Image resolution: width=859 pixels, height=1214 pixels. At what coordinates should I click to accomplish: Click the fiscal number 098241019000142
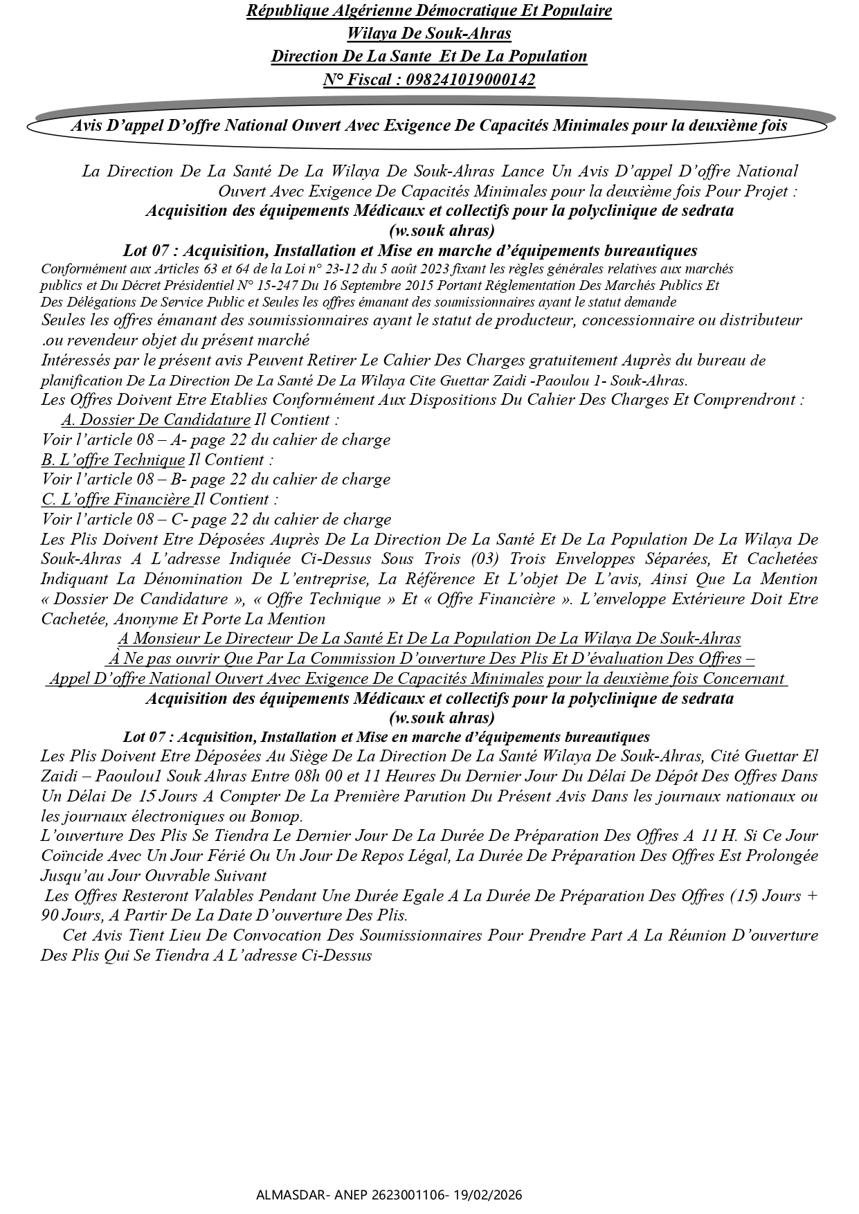(471, 80)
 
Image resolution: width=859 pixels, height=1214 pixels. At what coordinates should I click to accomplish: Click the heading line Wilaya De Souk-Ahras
(429, 33)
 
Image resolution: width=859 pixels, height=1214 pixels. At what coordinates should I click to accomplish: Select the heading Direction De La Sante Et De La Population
(429, 57)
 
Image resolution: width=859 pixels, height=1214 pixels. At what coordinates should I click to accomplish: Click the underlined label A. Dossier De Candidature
(156, 420)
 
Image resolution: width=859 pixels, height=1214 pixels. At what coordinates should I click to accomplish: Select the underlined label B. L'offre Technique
(114, 460)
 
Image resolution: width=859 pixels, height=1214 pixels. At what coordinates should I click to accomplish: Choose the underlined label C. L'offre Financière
(116, 500)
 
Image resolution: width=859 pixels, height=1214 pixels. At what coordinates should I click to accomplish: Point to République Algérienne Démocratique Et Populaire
(429, 11)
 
